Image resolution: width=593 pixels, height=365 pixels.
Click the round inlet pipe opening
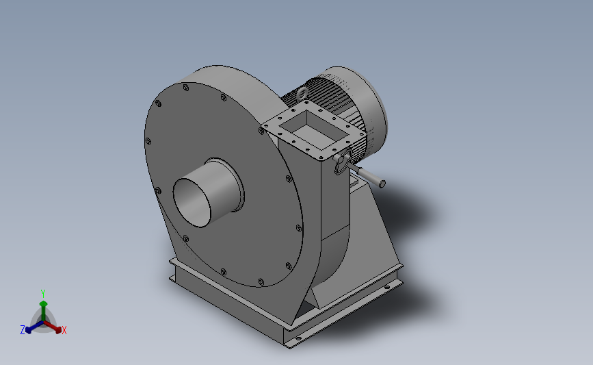point(193,201)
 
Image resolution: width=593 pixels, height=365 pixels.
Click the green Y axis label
point(43,293)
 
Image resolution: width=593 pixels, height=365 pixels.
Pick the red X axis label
point(64,330)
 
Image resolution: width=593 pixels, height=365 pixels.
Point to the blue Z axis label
point(23,330)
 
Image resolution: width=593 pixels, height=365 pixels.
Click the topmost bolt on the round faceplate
point(186,88)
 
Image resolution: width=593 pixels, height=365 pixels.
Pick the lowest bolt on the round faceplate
point(261,280)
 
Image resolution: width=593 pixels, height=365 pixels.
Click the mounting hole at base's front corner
point(298,338)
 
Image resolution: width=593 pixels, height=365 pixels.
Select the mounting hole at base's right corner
point(391,286)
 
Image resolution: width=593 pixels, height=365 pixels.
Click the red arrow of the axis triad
point(55,326)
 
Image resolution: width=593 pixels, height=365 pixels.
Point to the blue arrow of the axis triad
point(31,327)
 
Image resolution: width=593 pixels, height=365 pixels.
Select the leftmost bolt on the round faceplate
point(147,141)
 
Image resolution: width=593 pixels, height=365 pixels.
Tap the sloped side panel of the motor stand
point(373,240)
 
